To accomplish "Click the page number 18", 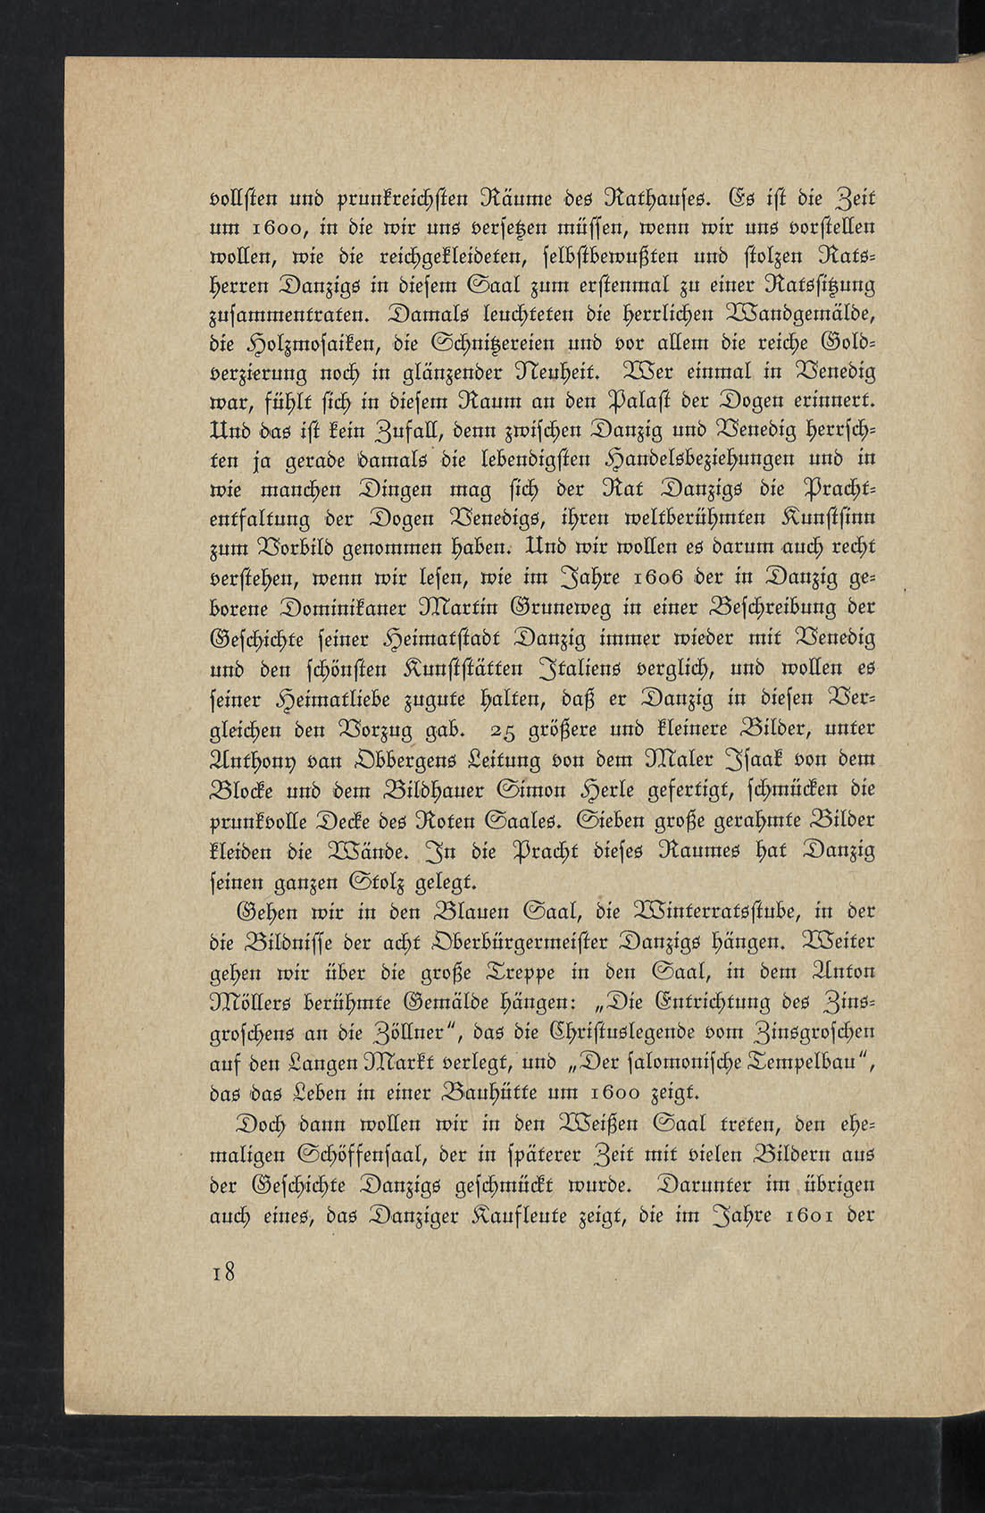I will click(x=223, y=1272).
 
